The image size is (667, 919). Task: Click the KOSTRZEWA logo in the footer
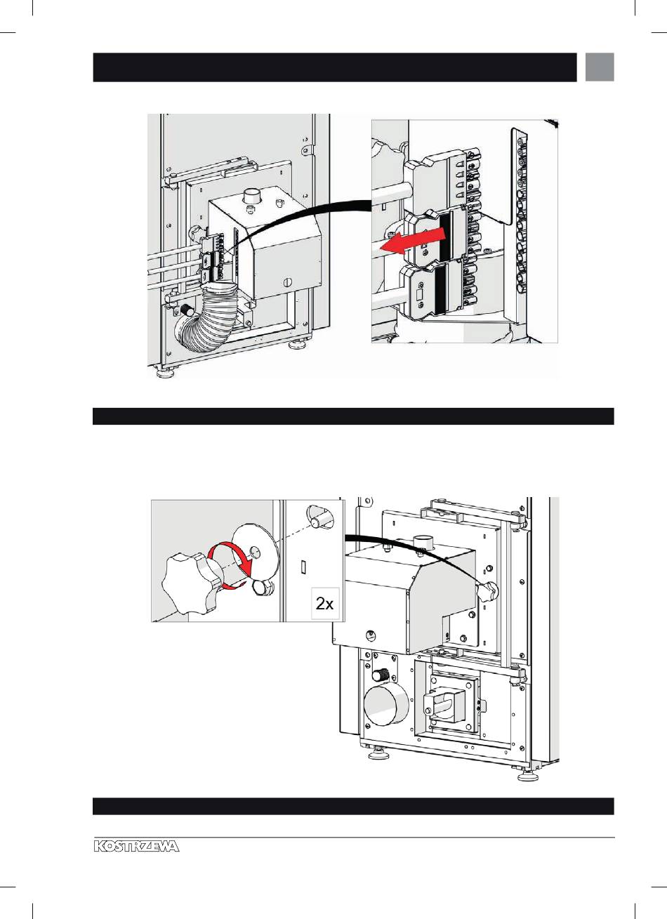pyautogui.click(x=136, y=847)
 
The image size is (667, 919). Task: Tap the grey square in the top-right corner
pyautogui.click(x=600, y=67)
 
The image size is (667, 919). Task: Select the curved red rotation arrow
pyautogui.click(x=231, y=562)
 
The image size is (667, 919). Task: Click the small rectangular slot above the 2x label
pyautogui.click(x=303, y=564)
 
